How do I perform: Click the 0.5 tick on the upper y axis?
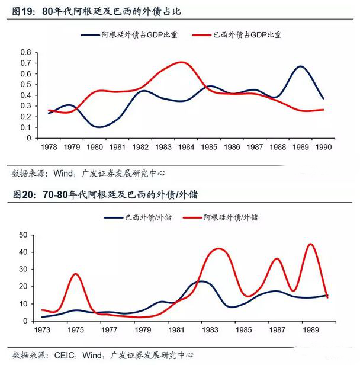pyautogui.click(x=25, y=85)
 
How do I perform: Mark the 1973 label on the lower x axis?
pyautogui.click(x=42, y=330)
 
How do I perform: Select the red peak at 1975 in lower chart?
pyautogui.click(x=75, y=274)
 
